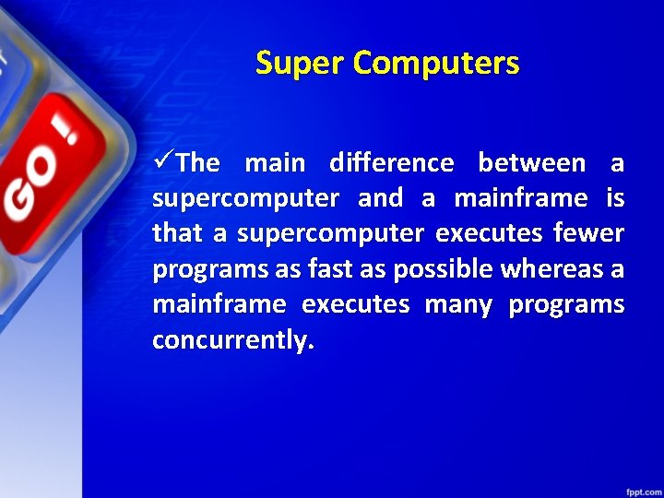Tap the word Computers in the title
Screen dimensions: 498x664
(436, 64)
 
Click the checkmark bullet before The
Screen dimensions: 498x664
(163, 163)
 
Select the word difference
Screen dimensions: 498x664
(391, 163)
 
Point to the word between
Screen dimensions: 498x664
(531, 163)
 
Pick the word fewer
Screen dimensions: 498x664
(589, 234)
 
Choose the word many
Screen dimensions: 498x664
(458, 304)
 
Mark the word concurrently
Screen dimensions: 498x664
(232, 340)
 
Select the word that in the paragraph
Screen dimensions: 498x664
(179, 234)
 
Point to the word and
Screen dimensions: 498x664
(380, 198)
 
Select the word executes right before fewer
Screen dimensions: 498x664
(489, 234)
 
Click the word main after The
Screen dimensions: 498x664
(274, 163)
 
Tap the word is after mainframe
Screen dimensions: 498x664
(615, 198)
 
